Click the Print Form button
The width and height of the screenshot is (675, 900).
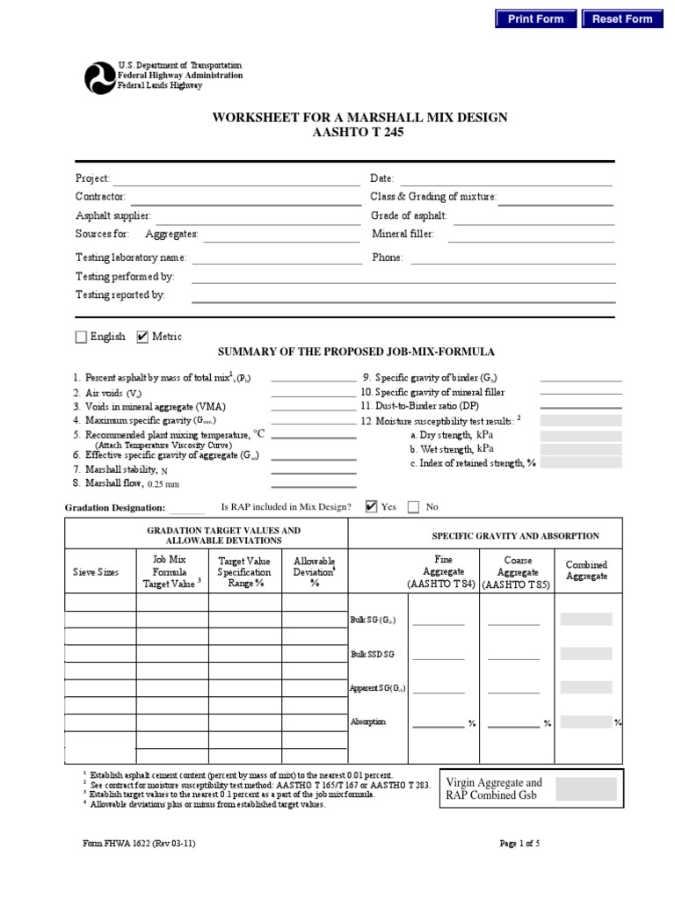(536, 18)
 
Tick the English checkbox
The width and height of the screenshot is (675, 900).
(82, 337)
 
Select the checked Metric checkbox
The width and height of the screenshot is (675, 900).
(143, 337)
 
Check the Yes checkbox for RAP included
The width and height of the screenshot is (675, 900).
(371, 506)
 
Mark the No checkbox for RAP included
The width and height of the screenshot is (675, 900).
(414, 506)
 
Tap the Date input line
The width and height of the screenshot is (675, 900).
(505, 180)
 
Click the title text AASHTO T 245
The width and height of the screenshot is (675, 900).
(359, 134)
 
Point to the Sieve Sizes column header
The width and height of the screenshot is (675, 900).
(96, 572)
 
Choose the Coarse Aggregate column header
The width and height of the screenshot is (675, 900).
(517, 571)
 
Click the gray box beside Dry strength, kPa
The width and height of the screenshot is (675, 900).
(580, 435)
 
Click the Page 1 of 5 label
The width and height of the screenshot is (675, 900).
(519, 844)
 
